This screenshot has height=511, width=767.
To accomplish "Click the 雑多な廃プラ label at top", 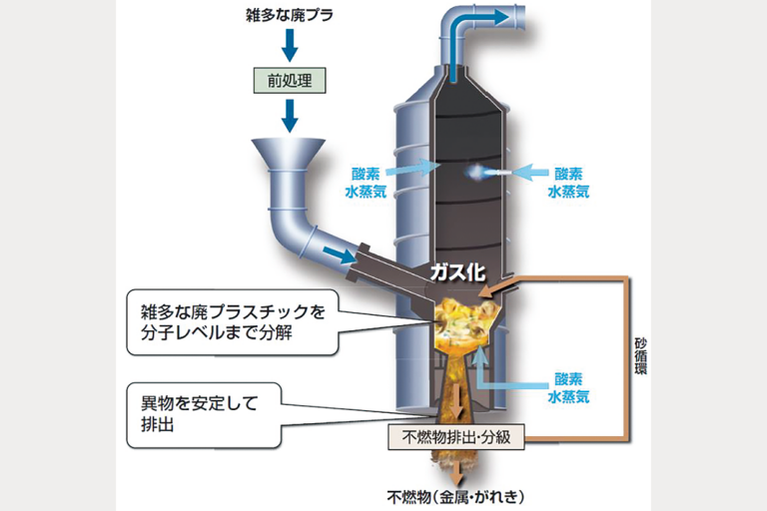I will (x=290, y=16).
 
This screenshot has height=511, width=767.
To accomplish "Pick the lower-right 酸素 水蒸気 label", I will (x=570, y=387).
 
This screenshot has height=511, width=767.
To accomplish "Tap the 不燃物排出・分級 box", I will (x=455, y=436).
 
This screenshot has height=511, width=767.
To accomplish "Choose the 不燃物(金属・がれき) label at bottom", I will (x=454, y=496).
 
